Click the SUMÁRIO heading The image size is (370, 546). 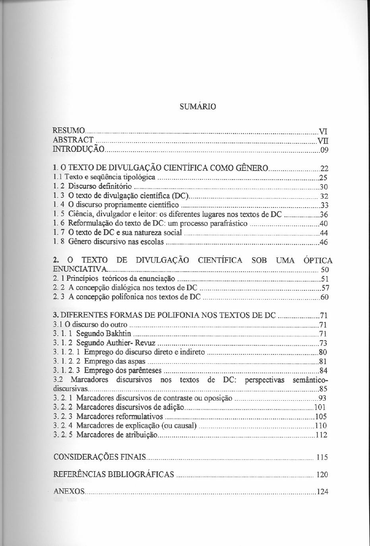coord(198,107)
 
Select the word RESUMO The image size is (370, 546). coord(69,131)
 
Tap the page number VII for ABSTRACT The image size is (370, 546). coord(322,140)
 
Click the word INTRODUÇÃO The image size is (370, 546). coord(79,149)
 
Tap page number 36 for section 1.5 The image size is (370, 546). coord(324,214)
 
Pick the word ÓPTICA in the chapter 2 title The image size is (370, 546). coord(318,261)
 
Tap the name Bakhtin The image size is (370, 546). coord(118,333)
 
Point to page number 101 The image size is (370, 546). coord(320,407)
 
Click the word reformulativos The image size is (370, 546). coord(139,417)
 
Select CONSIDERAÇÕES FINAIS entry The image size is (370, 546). coord(99,457)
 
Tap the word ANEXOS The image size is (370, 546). coord(69,491)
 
